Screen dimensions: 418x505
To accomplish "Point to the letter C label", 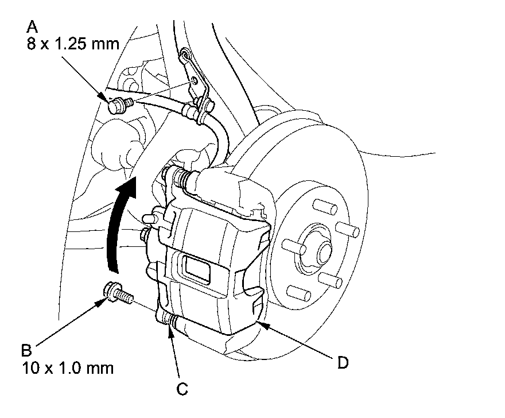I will (x=181, y=390).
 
